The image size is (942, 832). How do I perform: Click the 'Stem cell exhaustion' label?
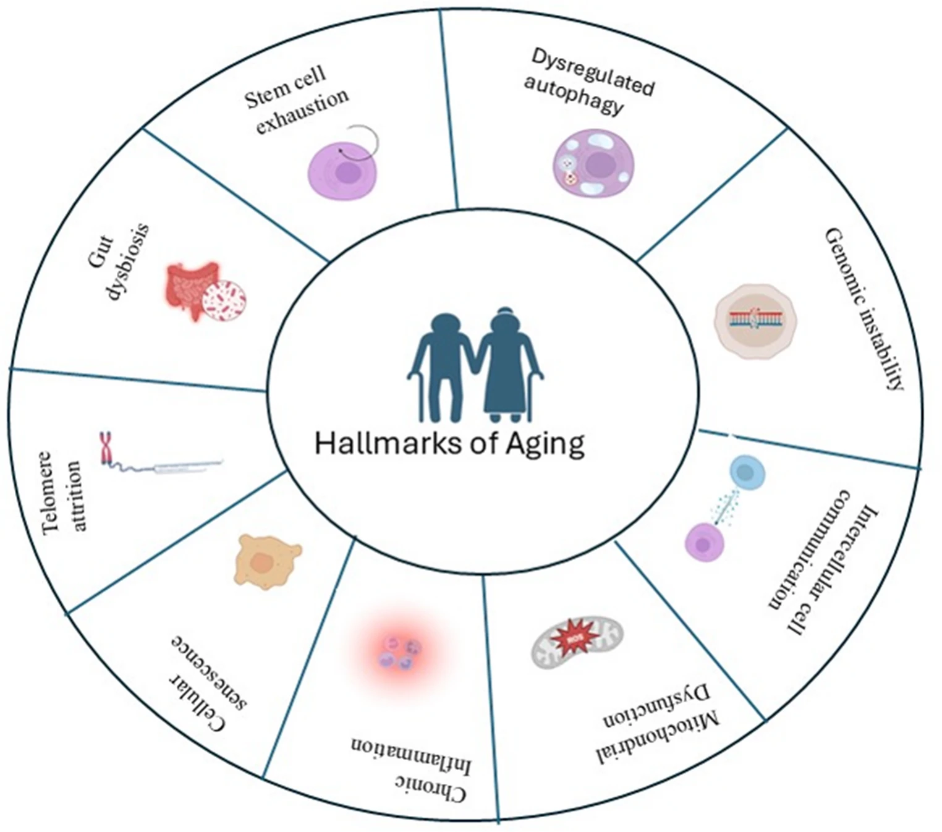pos(295,100)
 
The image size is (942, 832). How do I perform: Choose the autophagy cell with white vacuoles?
pos(593,164)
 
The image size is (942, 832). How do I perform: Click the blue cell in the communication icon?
pos(747,473)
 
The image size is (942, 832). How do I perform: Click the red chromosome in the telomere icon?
pos(106,448)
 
